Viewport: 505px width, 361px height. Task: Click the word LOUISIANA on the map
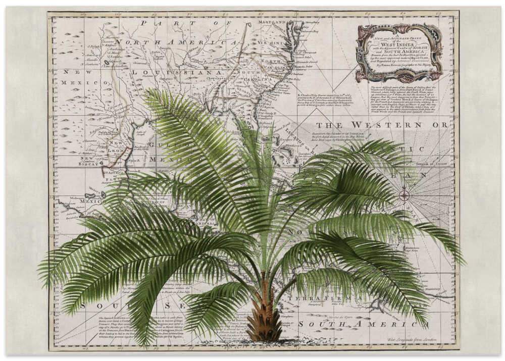coord(173,72)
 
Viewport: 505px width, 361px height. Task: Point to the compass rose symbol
coord(404,194)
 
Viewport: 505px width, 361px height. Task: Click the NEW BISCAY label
coord(89,161)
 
